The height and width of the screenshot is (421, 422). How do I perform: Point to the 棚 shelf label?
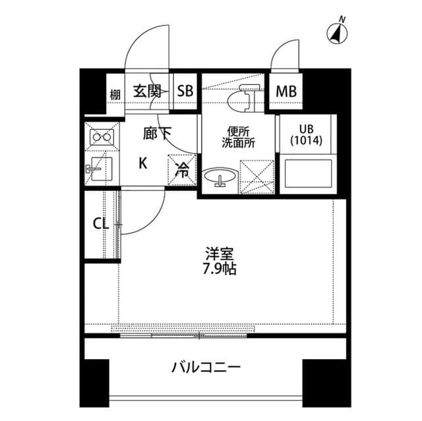(x=115, y=93)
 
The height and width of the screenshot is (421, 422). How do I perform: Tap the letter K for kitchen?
(x=143, y=163)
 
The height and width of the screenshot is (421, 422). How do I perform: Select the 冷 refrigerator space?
(x=183, y=170)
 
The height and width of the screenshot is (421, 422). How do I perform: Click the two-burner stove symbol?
(x=102, y=137)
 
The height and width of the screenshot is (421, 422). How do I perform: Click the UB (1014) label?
(x=307, y=135)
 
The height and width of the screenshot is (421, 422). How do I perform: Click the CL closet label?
(x=100, y=224)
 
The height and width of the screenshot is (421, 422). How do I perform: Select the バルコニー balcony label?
(x=206, y=366)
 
